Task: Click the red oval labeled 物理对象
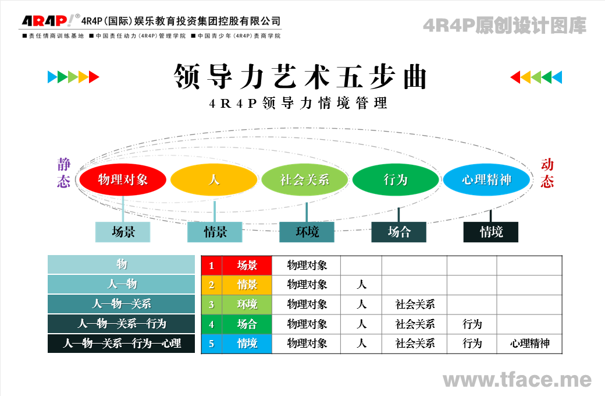point(123,179)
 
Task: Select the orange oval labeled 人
point(213,179)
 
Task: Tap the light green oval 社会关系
point(305,179)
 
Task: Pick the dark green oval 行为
point(396,179)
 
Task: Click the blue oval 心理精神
point(486,179)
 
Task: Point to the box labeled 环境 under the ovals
point(307,232)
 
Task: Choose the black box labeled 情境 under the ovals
point(491,232)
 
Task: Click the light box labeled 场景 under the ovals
point(123,232)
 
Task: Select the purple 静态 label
point(63,173)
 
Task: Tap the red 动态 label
point(547,173)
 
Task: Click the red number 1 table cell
point(211,266)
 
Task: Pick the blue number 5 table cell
point(211,344)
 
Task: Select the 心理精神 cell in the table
point(529,344)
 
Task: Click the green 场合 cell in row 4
point(247,324)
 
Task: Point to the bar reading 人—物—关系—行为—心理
point(121,343)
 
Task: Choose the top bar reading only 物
point(121,264)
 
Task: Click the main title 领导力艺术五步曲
point(300,76)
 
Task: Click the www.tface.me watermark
point(517,380)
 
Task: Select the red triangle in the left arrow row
point(94,77)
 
